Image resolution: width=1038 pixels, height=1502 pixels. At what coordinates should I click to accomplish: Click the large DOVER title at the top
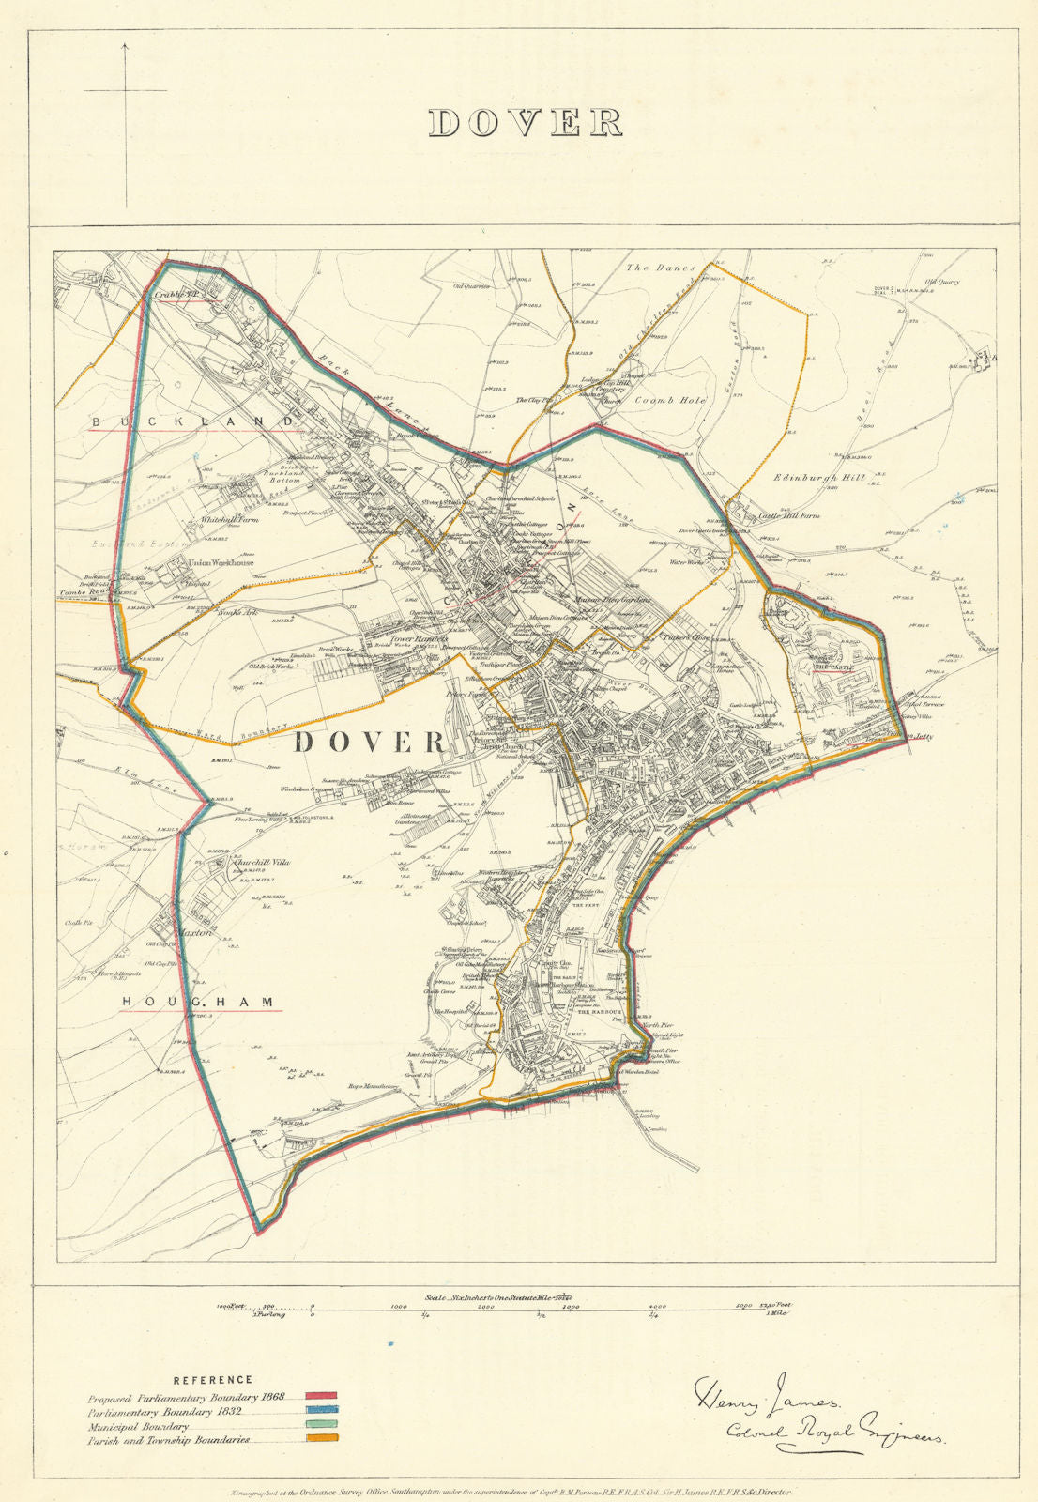click(526, 123)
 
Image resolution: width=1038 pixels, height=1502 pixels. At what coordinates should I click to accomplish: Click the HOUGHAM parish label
click(201, 1003)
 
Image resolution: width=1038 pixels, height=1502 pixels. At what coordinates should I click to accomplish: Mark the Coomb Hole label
click(669, 400)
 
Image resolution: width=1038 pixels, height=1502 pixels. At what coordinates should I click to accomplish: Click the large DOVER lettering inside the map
click(370, 743)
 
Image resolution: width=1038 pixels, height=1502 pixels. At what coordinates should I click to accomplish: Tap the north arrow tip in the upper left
click(125, 43)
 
